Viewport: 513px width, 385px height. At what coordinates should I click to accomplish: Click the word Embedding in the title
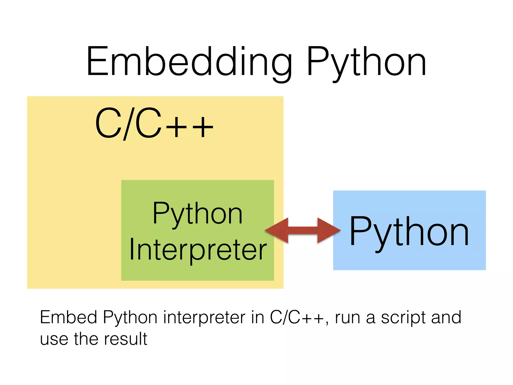(x=189, y=61)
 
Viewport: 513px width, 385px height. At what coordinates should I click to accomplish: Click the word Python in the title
(x=366, y=61)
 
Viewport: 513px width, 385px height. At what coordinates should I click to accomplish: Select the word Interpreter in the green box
(x=198, y=249)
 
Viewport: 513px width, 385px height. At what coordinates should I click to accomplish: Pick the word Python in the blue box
(x=409, y=232)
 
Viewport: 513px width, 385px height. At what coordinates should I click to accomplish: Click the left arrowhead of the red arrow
(x=277, y=230)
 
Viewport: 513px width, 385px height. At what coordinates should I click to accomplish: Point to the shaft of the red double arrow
(x=303, y=230)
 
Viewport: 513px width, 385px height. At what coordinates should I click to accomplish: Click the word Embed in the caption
(x=68, y=317)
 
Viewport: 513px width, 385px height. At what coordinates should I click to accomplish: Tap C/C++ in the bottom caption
(x=297, y=317)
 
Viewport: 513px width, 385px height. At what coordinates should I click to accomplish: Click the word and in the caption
(x=446, y=317)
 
